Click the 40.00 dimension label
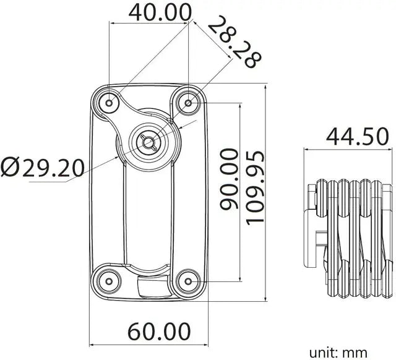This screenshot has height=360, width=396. coord(160,12)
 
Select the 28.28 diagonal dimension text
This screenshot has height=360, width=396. coord(234,41)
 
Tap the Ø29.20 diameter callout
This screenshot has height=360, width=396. coord(42,166)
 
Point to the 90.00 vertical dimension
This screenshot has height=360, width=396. coord(229,179)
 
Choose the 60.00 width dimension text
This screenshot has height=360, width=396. coord(159,331)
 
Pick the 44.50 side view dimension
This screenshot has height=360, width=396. coord(358,137)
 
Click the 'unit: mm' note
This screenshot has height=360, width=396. coord(338,352)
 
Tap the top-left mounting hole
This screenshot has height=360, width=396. coord(109,103)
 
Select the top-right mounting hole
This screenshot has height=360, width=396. coord(188,103)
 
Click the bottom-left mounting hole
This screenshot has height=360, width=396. coord(109,281)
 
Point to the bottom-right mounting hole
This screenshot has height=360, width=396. coord(188,281)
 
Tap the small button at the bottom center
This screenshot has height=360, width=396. coord(153,286)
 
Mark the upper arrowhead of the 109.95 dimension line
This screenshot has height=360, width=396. coord(265,87)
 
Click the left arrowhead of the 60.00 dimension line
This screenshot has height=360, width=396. coord(92,345)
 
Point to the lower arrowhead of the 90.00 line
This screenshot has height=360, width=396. coord(240,278)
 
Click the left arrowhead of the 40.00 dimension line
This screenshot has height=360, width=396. coord(112,24)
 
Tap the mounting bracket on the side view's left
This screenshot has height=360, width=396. coord(311,238)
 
